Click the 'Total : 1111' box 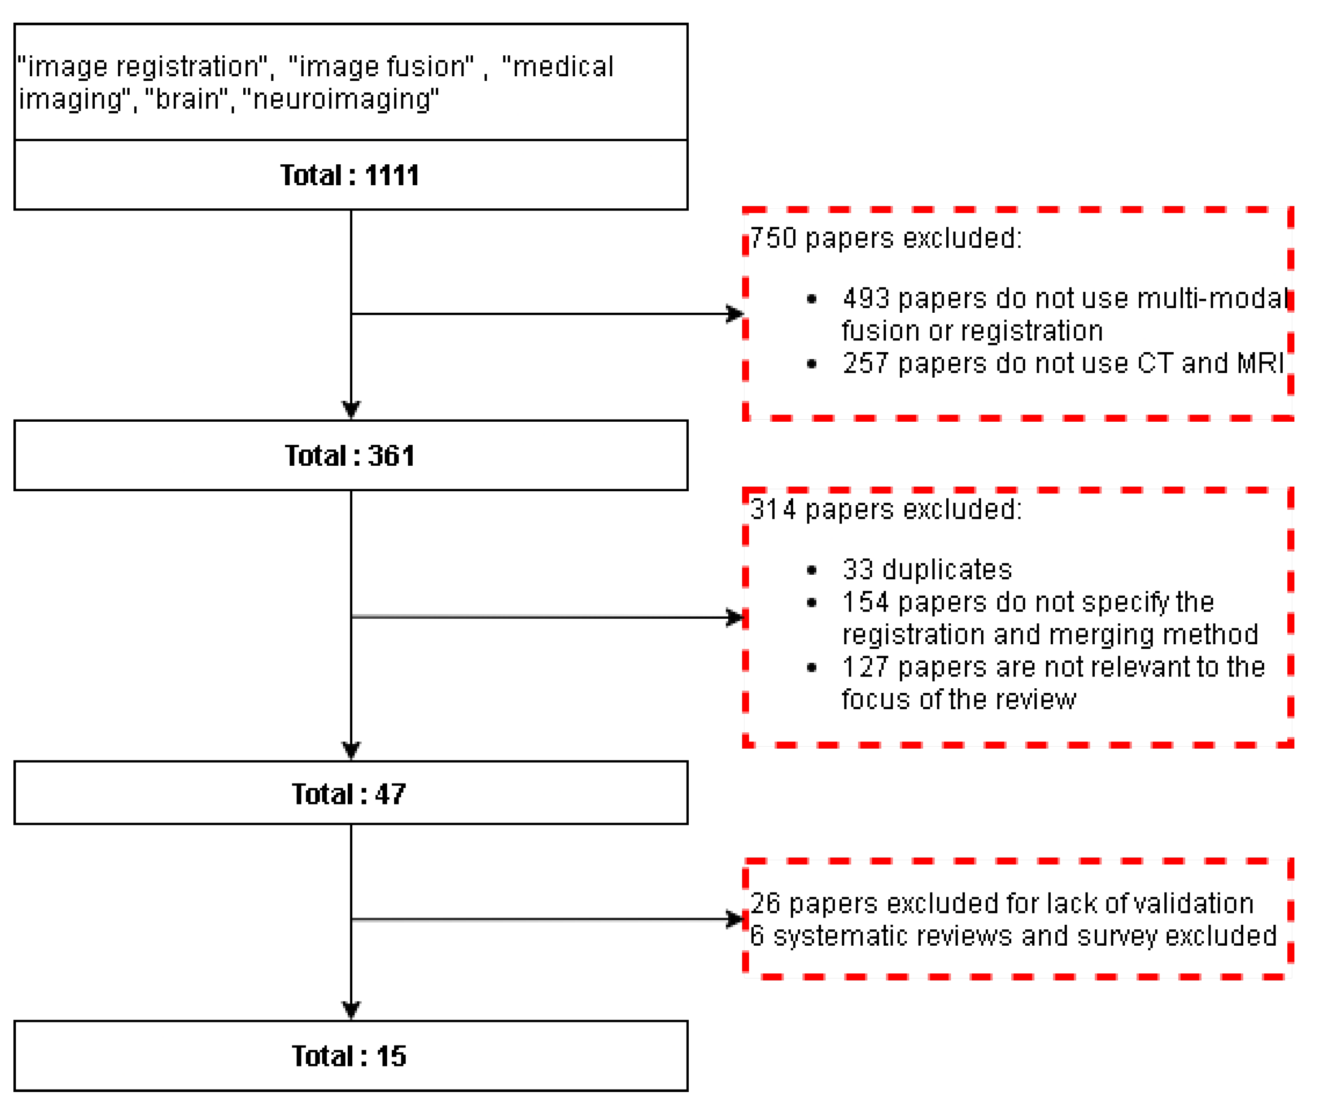pos(351,175)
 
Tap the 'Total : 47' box pos(351,794)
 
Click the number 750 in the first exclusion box pos(773,239)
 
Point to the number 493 pos(866,299)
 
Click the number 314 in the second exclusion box pos(773,509)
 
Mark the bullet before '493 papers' pos(812,299)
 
